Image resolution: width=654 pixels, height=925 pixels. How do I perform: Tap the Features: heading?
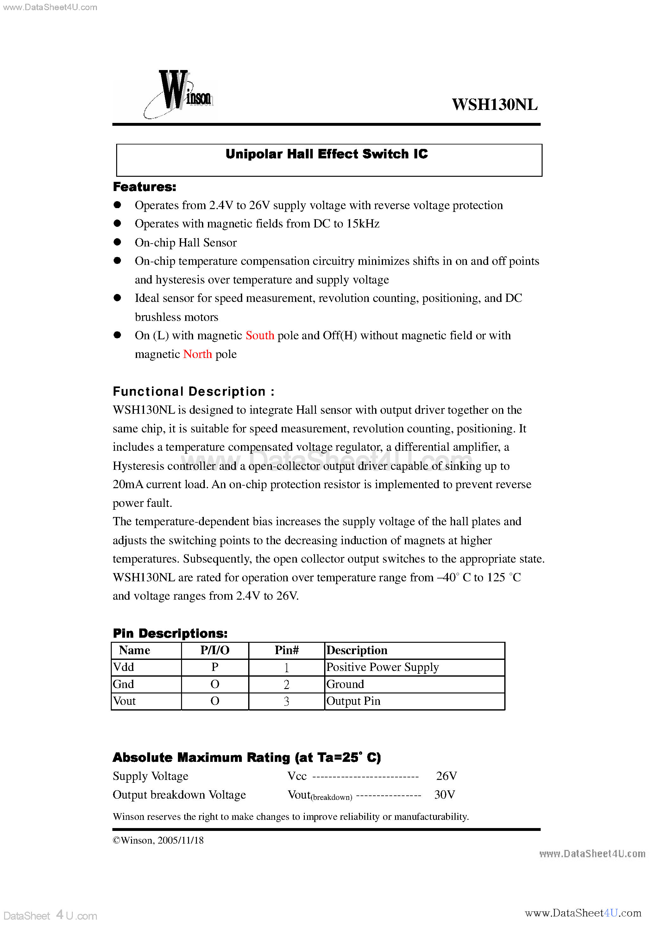point(144,187)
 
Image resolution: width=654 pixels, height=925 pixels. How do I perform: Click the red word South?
point(260,335)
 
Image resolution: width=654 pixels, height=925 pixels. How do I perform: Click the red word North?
point(197,354)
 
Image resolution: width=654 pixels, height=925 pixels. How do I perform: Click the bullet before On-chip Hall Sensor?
point(117,242)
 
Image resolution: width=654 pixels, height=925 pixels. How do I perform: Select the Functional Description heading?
point(193,392)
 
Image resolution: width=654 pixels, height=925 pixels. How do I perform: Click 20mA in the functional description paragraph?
point(128,484)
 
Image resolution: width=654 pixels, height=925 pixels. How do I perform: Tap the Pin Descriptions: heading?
point(170,633)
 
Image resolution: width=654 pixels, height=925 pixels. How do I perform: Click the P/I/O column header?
point(215,650)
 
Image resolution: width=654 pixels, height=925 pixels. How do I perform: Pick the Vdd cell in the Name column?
point(124,667)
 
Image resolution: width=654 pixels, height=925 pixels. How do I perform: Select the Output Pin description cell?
point(353,701)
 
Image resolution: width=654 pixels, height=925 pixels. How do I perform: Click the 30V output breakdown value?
point(444,794)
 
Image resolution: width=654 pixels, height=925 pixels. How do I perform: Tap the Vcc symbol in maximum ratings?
point(297,776)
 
